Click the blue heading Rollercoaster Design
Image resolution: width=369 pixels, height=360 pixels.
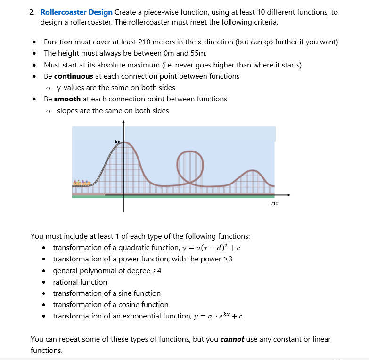pyautogui.click(x=76, y=12)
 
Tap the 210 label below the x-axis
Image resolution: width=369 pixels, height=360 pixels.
pyautogui.click(x=274, y=203)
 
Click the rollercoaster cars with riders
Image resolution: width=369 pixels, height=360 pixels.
pyautogui.click(x=82, y=182)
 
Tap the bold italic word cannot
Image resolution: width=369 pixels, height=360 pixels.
pyautogui.click(x=232, y=339)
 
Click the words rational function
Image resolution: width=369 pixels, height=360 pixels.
pyautogui.click(x=80, y=282)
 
